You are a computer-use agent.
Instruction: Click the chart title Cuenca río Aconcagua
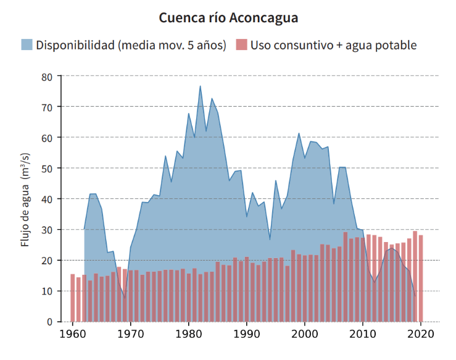[x=228, y=17]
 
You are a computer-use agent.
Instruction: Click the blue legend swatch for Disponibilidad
[x=27, y=45]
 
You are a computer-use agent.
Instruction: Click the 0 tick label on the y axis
[x=50, y=322]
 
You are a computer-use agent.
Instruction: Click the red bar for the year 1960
[x=72, y=298]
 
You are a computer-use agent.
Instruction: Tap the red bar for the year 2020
[x=421, y=278]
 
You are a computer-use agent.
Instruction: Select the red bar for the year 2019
[x=415, y=276]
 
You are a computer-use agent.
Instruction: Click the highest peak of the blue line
[x=201, y=86]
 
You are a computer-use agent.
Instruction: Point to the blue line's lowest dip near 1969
[x=125, y=298]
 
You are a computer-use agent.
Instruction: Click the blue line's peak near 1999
[x=299, y=133]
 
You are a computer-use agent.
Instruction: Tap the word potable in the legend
[x=396, y=45]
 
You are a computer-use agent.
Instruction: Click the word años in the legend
[x=209, y=45]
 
